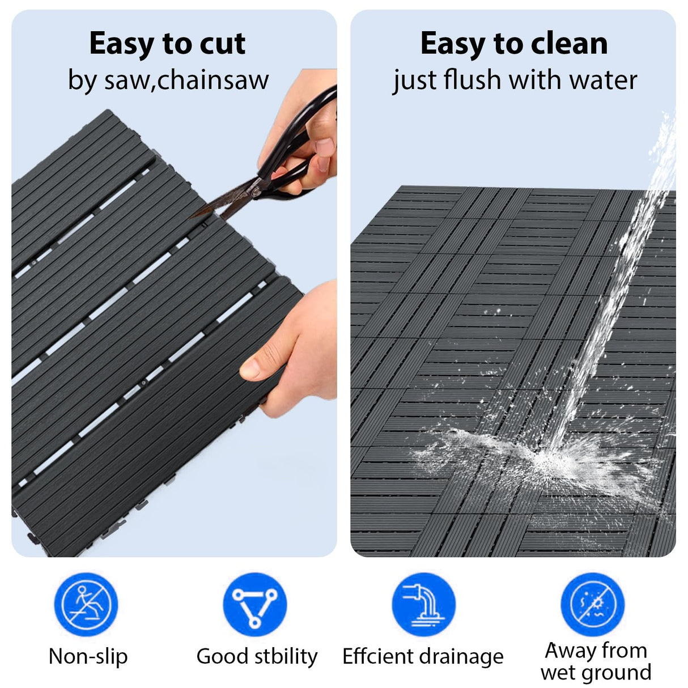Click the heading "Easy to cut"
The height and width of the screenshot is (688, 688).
point(167,44)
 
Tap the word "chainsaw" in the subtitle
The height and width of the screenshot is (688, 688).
point(213,80)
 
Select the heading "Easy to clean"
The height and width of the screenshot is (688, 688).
point(513,44)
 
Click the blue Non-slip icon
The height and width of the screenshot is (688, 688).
point(86,604)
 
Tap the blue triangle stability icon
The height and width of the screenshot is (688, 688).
point(255,604)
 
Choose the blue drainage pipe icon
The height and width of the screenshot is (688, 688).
point(423,604)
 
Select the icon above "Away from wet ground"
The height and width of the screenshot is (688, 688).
point(592,604)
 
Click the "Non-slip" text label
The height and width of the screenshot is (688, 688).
point(88,656)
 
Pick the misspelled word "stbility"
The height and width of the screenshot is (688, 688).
point(286,656)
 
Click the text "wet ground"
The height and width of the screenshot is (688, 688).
point(596,672)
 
